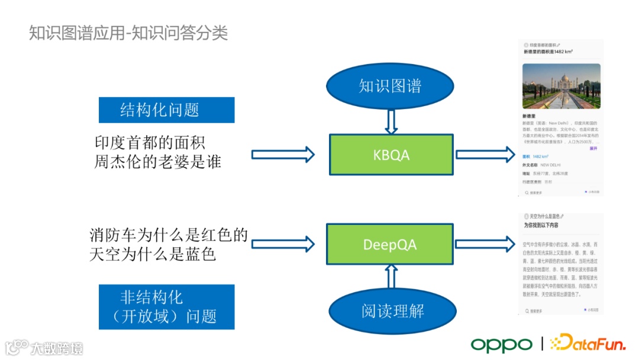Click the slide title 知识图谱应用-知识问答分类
(x=128, y=33)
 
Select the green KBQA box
(x=391, y=155)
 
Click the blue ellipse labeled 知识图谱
(x=390, y=86)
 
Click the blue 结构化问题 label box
(x=166, y=110)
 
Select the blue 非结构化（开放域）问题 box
(x=166, y=307)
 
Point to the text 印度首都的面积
(x=150, y=143)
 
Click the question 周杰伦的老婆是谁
(x=157, y=162)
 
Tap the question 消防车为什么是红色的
(x=169, y=235)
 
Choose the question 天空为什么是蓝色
(x=153, y=255)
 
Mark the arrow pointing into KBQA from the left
(x=283, y=155)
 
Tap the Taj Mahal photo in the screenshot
(x=561, y=86)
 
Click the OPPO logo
(x=502, y=344)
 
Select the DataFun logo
(x=587, y=343)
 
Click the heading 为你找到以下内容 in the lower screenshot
(x=541, y=226)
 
